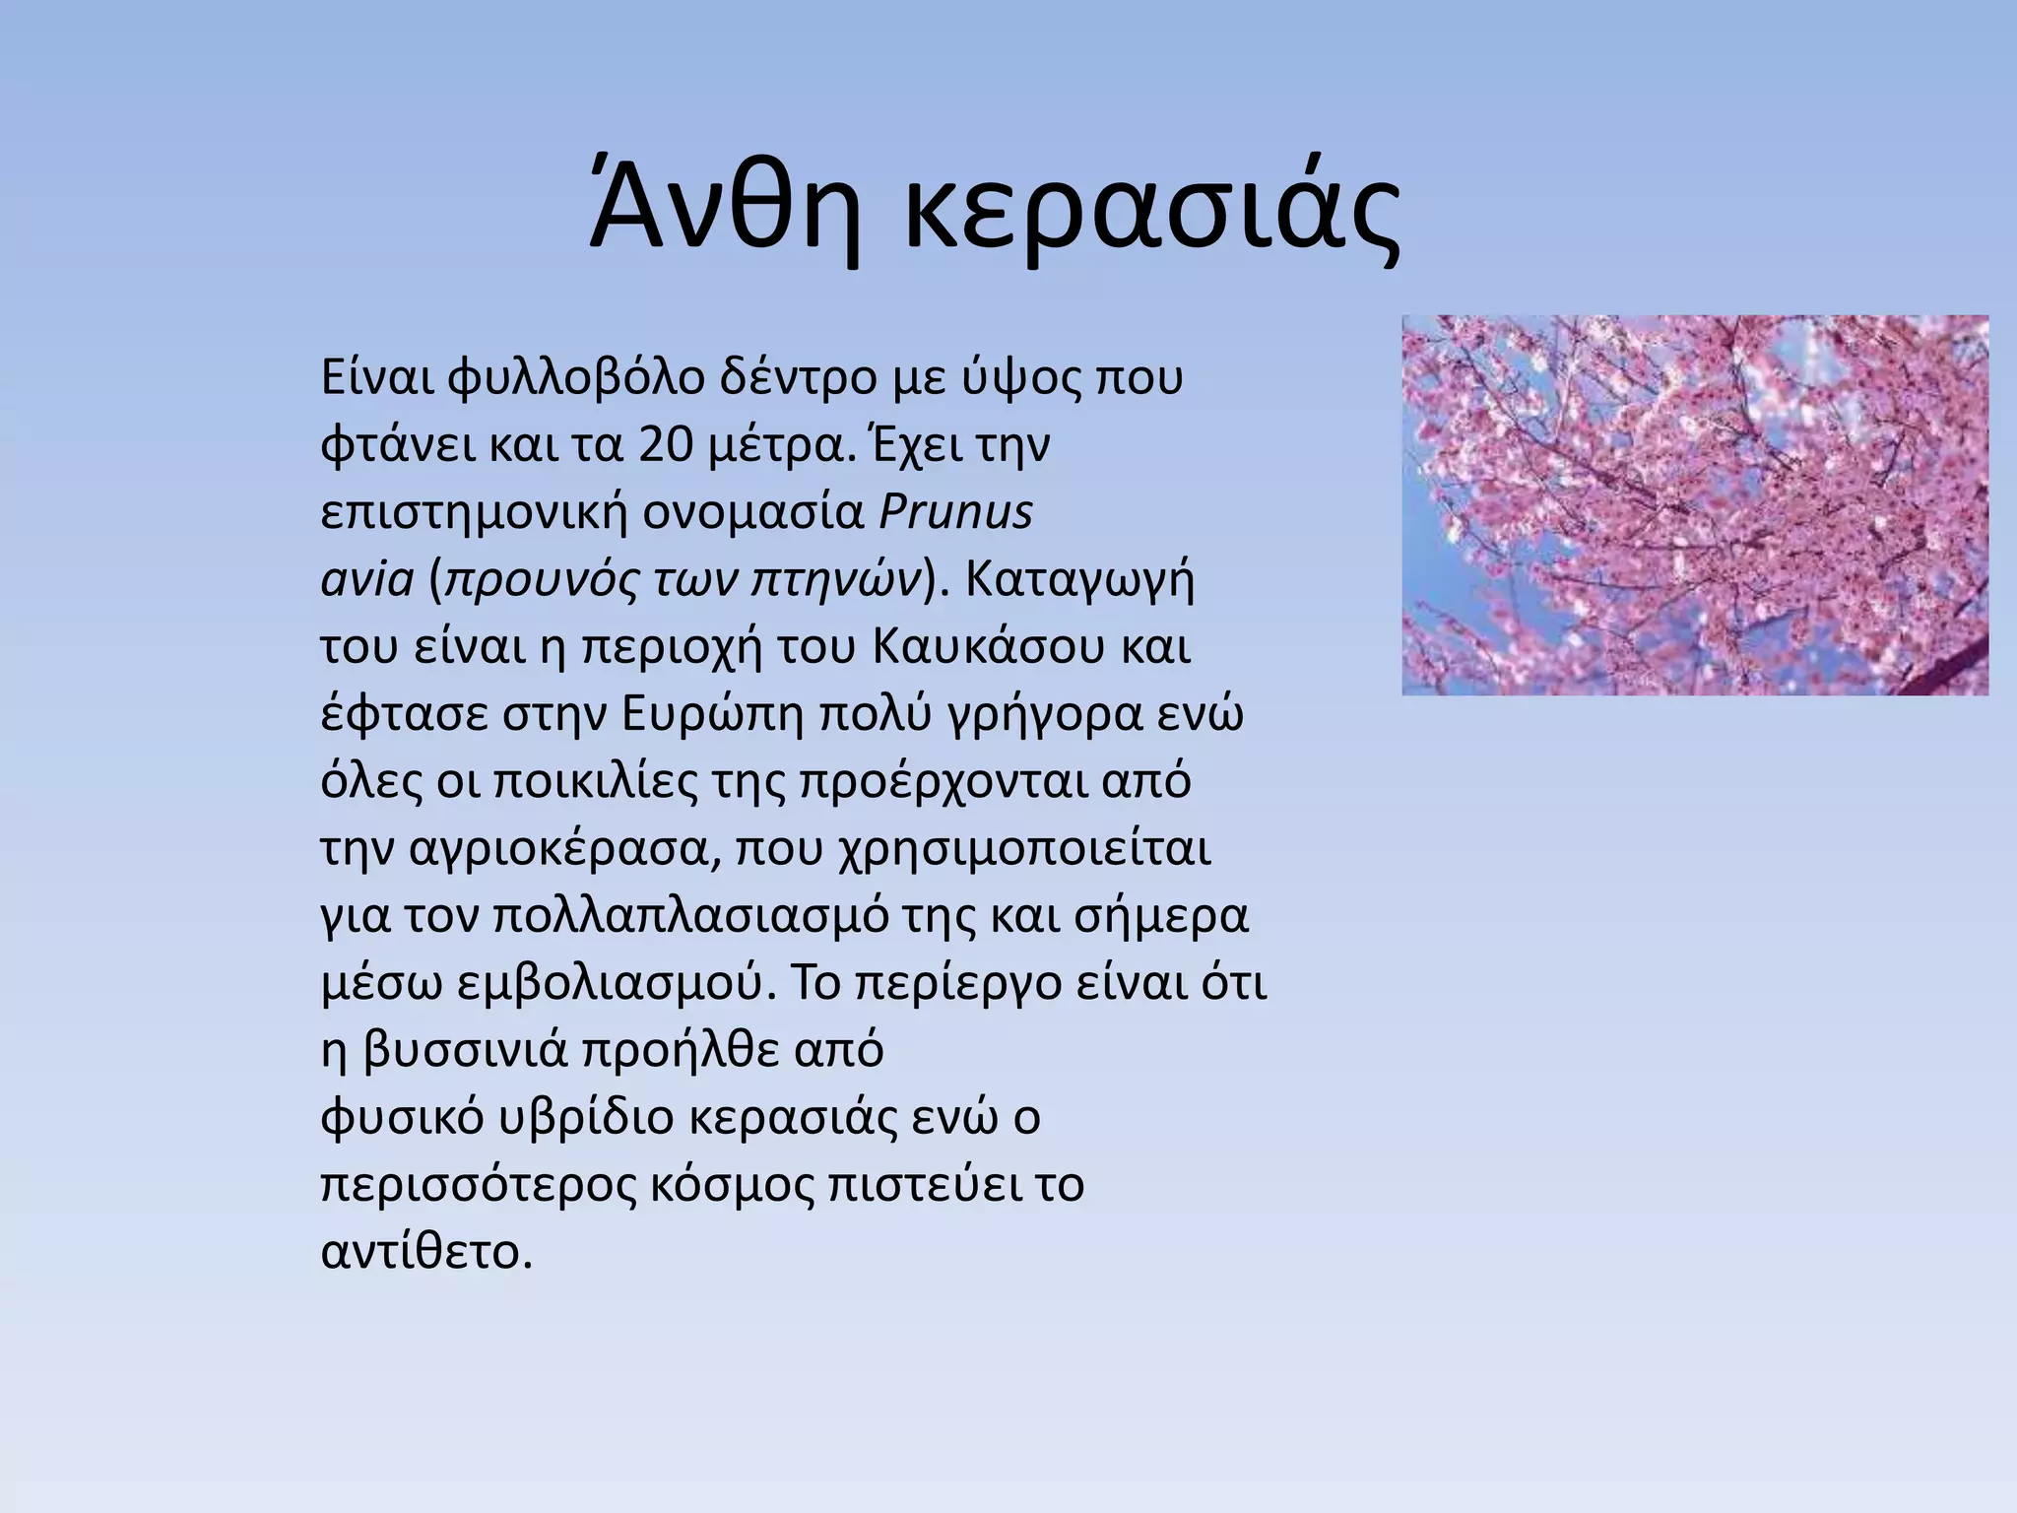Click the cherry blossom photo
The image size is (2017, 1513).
click(1694, 504)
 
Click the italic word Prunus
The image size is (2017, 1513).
click(954, 512)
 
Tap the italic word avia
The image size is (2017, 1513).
click(367, 579)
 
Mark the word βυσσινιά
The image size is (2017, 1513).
click(466, 1050)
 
